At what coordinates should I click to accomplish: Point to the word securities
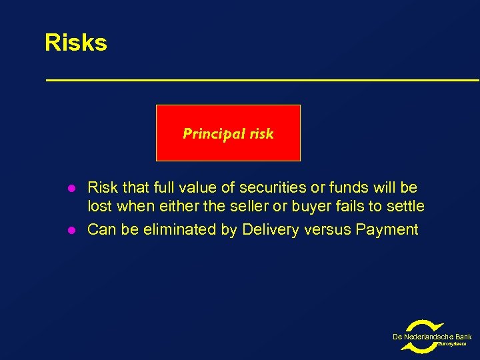pyautogui.click(x=263, y=188)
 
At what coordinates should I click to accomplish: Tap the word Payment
pyautogui.click(x=387, y=230)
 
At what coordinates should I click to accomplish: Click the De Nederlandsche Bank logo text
pyautogui.click(x=432, y=337)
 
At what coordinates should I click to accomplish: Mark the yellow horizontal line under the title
pyautogui.click(x=262, y=80)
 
